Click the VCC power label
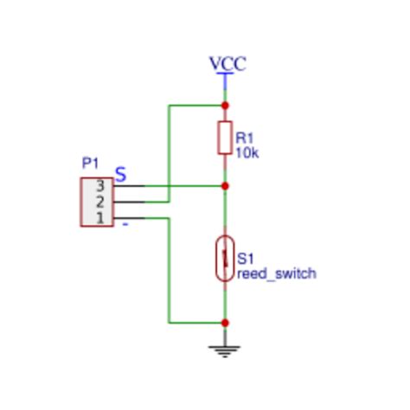[x=227, y=64]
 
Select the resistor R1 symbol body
[x=225, y=137]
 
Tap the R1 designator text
[x=244, y=138]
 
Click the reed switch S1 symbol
[x=225, y=258]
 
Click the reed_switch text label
[x=276, y=273]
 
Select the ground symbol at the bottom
[x=225, y=349]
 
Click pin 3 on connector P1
[x=99, y=186]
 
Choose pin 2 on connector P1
[x=99, y=202]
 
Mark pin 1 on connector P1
[x=99, y=217]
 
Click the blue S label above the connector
[x=121, y=175]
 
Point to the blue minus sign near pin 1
[x=125, y=224]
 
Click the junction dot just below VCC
[x=225, y=106]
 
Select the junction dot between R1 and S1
[x=225, y=186]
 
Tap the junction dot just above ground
[x=225, y=323]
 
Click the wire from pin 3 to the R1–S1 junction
[x=182, y=186]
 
